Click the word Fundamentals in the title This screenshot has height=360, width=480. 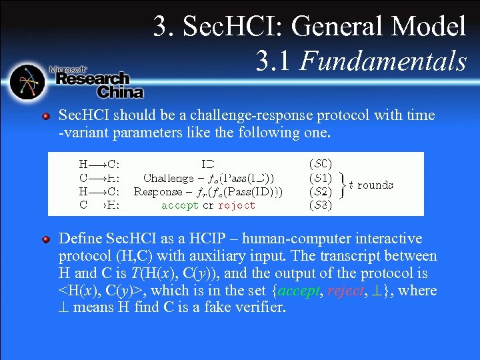[x=383, y=61]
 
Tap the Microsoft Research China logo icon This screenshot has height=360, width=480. [x=28, y=82]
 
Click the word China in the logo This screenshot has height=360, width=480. [x=120, y=92]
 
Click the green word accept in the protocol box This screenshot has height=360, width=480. [x=180, y=205]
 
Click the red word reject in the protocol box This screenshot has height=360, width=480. [x=237, y=205]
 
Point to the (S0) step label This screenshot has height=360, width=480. [x=321, y=162]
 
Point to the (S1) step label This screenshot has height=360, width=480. [x=321, y=177]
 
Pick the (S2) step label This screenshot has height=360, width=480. [x=321, y=191]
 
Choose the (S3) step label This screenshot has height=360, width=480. [x=321, y=205]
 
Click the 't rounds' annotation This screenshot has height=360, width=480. [x=371, y=185]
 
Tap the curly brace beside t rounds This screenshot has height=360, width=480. [x=341, y=185]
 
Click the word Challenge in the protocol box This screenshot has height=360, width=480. [x=168, y=177]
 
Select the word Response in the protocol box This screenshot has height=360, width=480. [x=159, y=191]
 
